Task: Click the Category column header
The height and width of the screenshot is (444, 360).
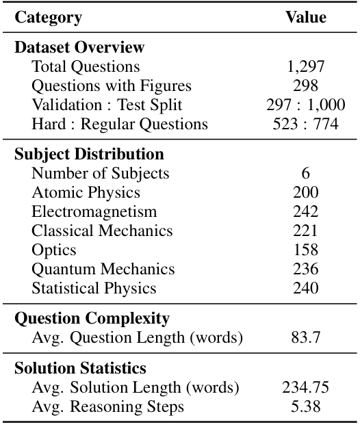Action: click(x=48, y=18)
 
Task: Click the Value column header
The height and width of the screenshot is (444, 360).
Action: click(x=305, y=18)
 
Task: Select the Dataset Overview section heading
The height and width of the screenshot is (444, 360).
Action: click(x=79, y=47)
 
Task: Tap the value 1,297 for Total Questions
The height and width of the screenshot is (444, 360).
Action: click(x=305, y=66)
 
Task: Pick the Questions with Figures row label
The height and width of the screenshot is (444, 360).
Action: click(x=112, y=86)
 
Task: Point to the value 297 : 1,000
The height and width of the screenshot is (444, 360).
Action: click(x=305, y=105)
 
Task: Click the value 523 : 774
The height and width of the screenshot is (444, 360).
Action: click(x=305, y=124)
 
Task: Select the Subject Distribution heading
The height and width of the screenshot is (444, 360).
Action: click(x=89, y=154)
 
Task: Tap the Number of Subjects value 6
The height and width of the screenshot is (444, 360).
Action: click(x=305, y=173)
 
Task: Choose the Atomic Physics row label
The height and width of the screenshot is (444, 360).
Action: click(x=86, y=192)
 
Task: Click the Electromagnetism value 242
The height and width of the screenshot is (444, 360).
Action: click(x=305, y=211)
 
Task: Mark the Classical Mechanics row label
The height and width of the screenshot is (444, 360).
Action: click(x=102, y=231)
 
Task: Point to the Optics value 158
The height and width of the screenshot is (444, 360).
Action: click(x=305, y=250)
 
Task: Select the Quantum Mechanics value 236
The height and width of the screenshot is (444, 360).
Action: click(x=305, y=269)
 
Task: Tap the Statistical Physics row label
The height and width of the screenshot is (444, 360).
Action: click(x=94, y=288)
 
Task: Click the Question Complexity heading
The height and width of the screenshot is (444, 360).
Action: click(x=92, y=318)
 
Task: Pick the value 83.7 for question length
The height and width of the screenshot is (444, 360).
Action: click(x=305, y=337)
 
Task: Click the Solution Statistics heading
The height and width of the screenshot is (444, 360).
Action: click(x=80, y=368)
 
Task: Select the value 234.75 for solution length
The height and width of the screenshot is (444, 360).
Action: click(x=305, y=387)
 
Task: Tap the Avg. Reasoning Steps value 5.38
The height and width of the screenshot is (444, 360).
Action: click(x=305, y=406)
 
